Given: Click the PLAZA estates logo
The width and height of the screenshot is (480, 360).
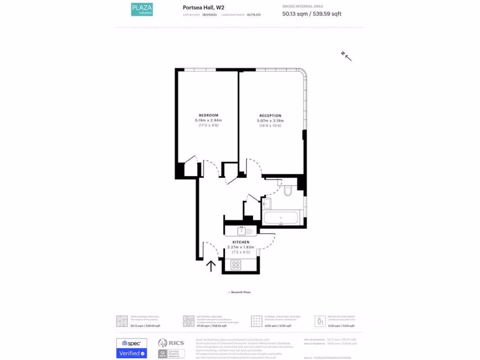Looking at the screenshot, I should [x=142, y=9].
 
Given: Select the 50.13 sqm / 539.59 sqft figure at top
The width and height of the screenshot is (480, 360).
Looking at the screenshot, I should [x=312, y=14].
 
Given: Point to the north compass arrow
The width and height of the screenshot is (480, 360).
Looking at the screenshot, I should [x=346, y=56].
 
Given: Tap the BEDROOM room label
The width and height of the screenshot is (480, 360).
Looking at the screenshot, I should [x=208, y=115].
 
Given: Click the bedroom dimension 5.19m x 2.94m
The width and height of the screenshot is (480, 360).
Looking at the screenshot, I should [x=208, y=120].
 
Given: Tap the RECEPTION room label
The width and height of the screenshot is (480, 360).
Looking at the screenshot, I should [x=270, y=116].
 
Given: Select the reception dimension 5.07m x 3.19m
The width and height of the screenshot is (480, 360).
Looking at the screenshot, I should [x=270, y=121].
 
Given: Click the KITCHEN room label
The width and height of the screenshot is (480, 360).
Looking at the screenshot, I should [x=240, y=242].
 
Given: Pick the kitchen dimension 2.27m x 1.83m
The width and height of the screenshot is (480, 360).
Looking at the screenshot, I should [x=240, y=247].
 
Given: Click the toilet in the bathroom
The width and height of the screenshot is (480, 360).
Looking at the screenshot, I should [x=288, y=190].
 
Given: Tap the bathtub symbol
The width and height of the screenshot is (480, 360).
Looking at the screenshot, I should [x=281, y=218].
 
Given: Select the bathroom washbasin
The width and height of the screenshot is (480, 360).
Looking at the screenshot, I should [x=266, y=203].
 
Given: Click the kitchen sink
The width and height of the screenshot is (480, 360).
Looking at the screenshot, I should [x=241, y=231].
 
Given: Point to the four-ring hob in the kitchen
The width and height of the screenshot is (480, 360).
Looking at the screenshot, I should [x=236, y=265].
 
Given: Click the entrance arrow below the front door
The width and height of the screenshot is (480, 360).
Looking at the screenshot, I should [x=211, y=266].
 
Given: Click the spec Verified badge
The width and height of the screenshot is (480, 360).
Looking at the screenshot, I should [x=131, y=348].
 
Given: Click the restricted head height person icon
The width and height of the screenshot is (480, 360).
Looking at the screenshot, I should [x=320, y=321].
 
